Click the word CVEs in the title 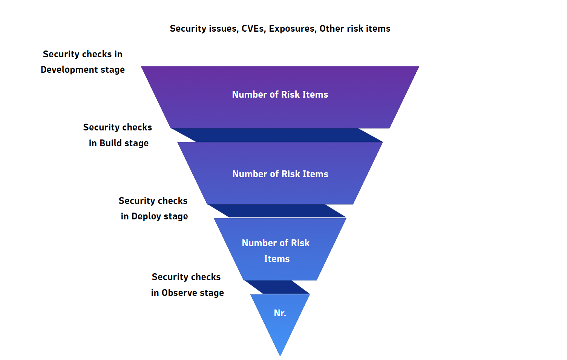253,29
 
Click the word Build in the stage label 111,143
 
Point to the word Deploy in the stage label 146,216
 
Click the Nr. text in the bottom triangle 280,313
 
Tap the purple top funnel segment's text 280,95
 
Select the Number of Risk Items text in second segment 280,174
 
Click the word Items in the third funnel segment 277,259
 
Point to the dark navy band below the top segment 277,135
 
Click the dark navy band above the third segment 277,211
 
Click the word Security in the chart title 184,29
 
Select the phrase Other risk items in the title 355,29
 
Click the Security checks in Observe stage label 187,285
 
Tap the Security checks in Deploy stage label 154,208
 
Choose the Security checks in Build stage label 118,135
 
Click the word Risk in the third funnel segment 300,243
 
